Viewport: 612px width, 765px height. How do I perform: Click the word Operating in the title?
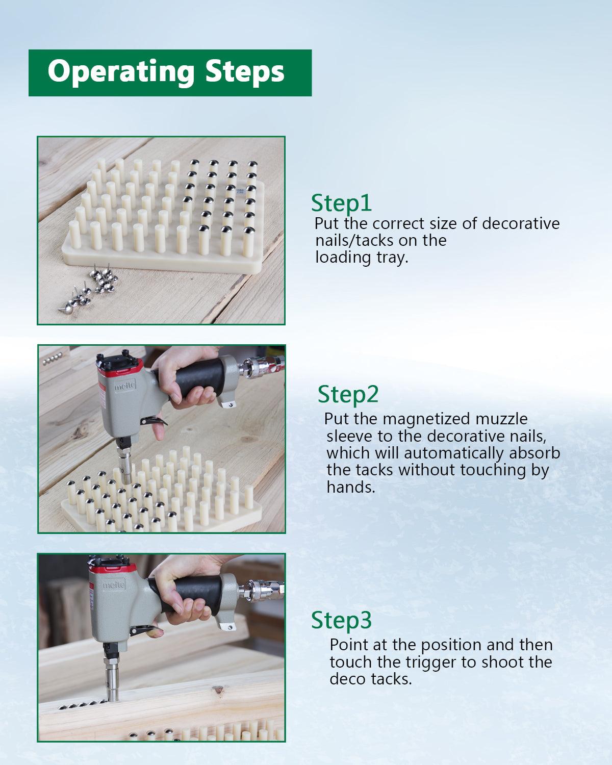pos(121,72)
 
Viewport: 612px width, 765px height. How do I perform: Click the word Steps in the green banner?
pos(245,71)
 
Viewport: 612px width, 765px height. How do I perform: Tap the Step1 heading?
pos(341,203)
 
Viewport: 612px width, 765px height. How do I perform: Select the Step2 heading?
pos(348,395)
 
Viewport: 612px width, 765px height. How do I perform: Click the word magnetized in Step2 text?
pos(426,420)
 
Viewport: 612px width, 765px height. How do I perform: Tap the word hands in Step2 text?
pos(351,488)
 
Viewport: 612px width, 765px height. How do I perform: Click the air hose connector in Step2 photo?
pos(261,366)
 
